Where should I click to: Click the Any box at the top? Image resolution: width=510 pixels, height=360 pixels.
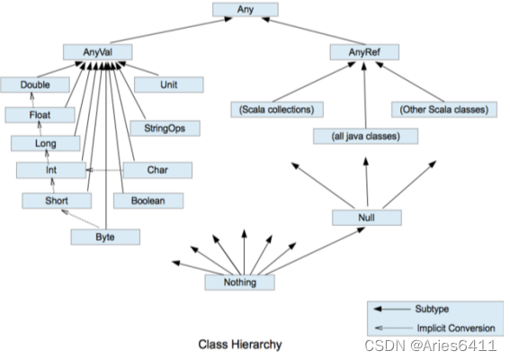[x=246, y=9]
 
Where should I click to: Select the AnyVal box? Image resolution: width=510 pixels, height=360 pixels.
[x=97, y=52]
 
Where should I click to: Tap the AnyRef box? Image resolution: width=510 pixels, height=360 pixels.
[x=364, y=52]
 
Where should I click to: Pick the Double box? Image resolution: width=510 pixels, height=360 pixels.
[x=35, y=85]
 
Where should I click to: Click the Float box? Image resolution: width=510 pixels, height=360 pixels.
[x=40, y=115]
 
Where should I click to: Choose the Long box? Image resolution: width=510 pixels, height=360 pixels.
[x=46, y=143]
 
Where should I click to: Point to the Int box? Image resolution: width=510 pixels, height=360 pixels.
[x=51, y=170]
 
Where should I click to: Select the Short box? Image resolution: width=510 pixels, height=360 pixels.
[x=57, y=201]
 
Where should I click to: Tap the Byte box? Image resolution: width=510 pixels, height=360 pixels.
[x=105, y=237]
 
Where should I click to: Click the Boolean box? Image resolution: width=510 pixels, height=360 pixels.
[x=148, y=201]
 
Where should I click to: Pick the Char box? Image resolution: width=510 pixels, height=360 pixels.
[x=157, y=170]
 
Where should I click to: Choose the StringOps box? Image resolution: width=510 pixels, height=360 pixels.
[x=165, y=128]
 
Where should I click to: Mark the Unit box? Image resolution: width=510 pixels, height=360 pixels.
[x=169, y=85]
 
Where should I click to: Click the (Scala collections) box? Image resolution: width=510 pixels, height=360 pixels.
[x=277, y=110]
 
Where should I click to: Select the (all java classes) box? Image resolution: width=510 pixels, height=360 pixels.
[x=365, y=136]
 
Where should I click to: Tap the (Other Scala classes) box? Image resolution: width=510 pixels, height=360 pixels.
[x=444, y=110]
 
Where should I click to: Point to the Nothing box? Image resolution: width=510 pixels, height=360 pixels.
[x=240, y=283]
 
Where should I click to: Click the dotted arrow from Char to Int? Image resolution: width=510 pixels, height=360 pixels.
[x=104, y=170]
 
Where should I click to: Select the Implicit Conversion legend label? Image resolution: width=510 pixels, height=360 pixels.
[x=456, y=328]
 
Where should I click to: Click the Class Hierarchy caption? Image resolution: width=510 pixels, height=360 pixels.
[x=240, y=345]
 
